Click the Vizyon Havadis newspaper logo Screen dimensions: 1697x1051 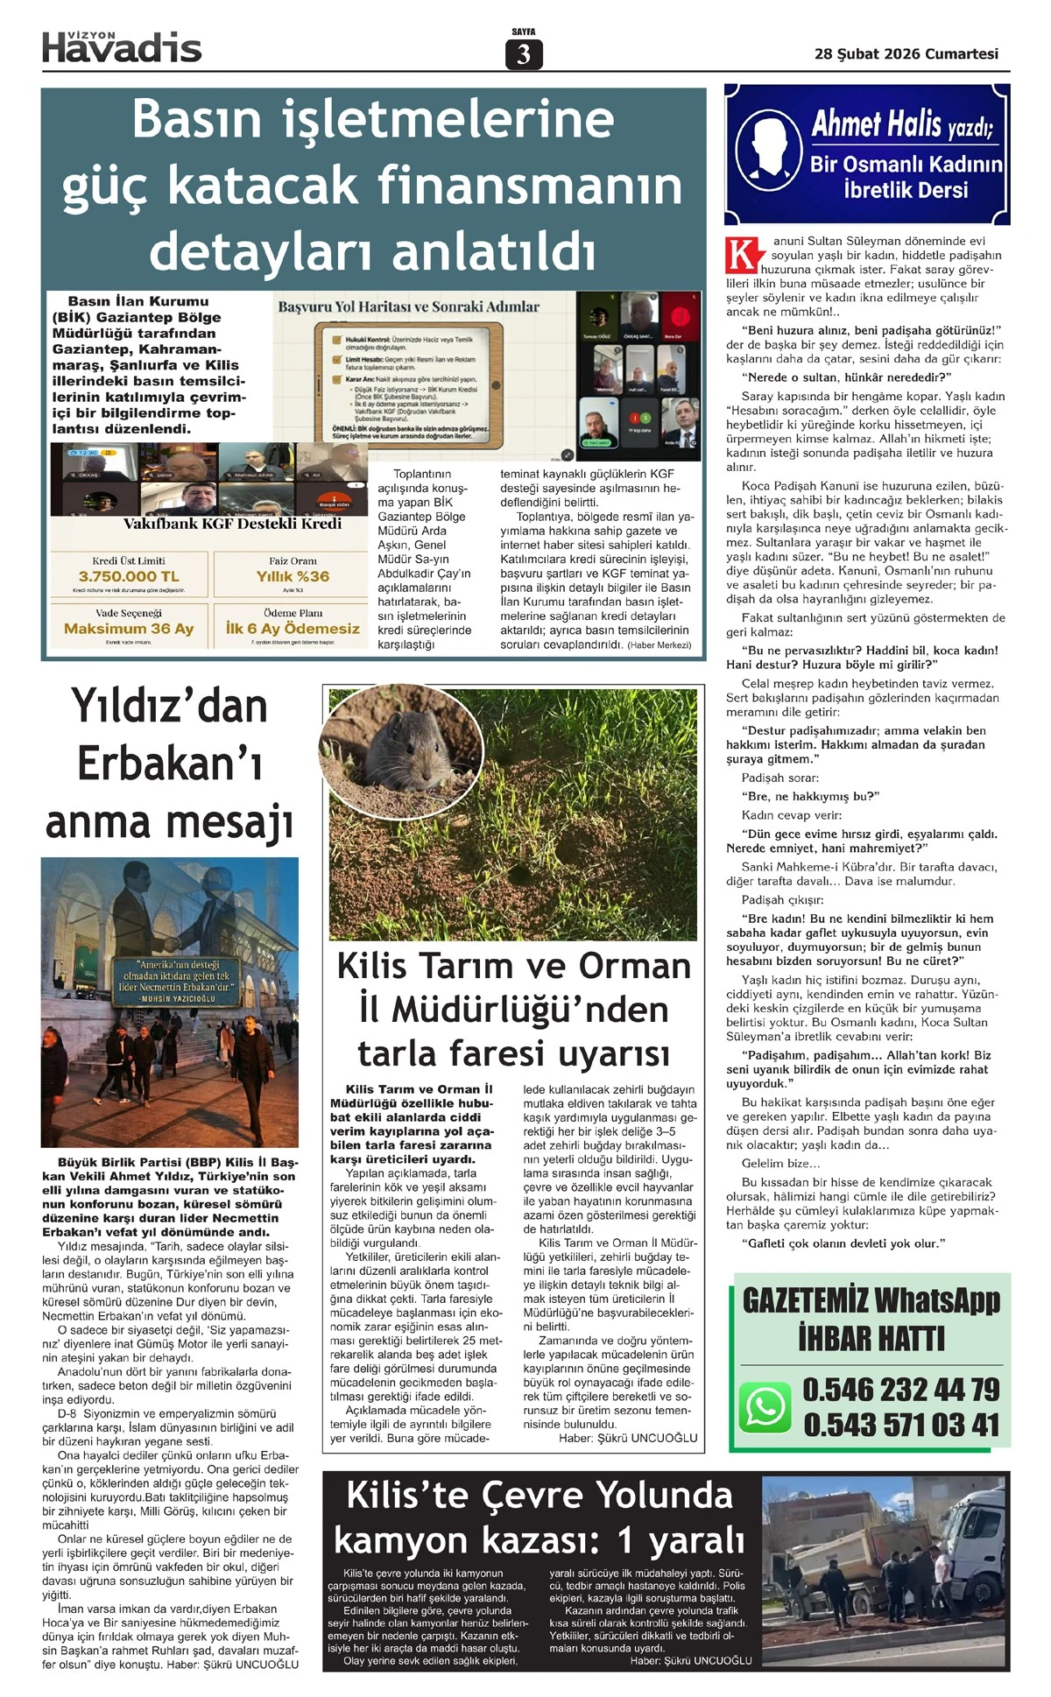click(122, 46)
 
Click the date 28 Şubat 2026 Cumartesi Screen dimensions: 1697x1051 click(906, 54)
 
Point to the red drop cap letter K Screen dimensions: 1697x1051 click(741, 254)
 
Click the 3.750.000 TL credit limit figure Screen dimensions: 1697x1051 click(129, 576)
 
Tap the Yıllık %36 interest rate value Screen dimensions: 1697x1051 click(293, 576)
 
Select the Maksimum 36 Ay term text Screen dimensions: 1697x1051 click(129, 629)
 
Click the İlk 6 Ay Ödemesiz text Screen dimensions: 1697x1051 click(293, 629)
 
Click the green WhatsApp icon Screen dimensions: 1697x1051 click(765, 1407)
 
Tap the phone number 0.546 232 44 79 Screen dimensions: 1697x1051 click(900, 1390)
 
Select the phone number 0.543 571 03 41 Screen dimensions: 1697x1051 click(900, 1426)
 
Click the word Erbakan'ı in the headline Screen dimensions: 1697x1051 click(169, 764)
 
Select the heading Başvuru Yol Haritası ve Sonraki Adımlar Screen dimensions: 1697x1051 click(408, 307)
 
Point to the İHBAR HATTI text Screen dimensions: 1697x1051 click(871, 1339)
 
